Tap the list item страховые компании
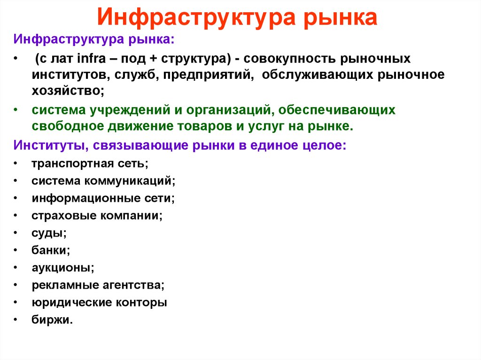point(97,215)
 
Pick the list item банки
point(51,250)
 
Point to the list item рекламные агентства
point(98,285)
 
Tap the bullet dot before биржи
point(16,320)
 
